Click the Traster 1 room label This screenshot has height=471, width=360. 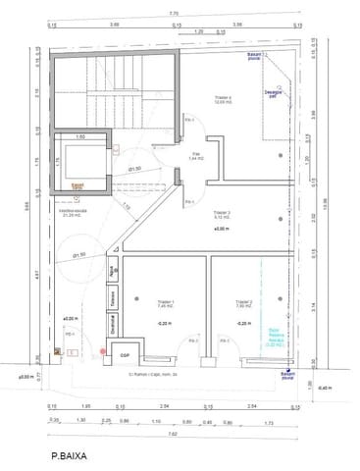(166, 303)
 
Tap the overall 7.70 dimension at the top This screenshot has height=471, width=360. (174, 13)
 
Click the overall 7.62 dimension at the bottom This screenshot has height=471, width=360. (173, 431)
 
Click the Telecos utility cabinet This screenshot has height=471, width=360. (115, 299)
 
